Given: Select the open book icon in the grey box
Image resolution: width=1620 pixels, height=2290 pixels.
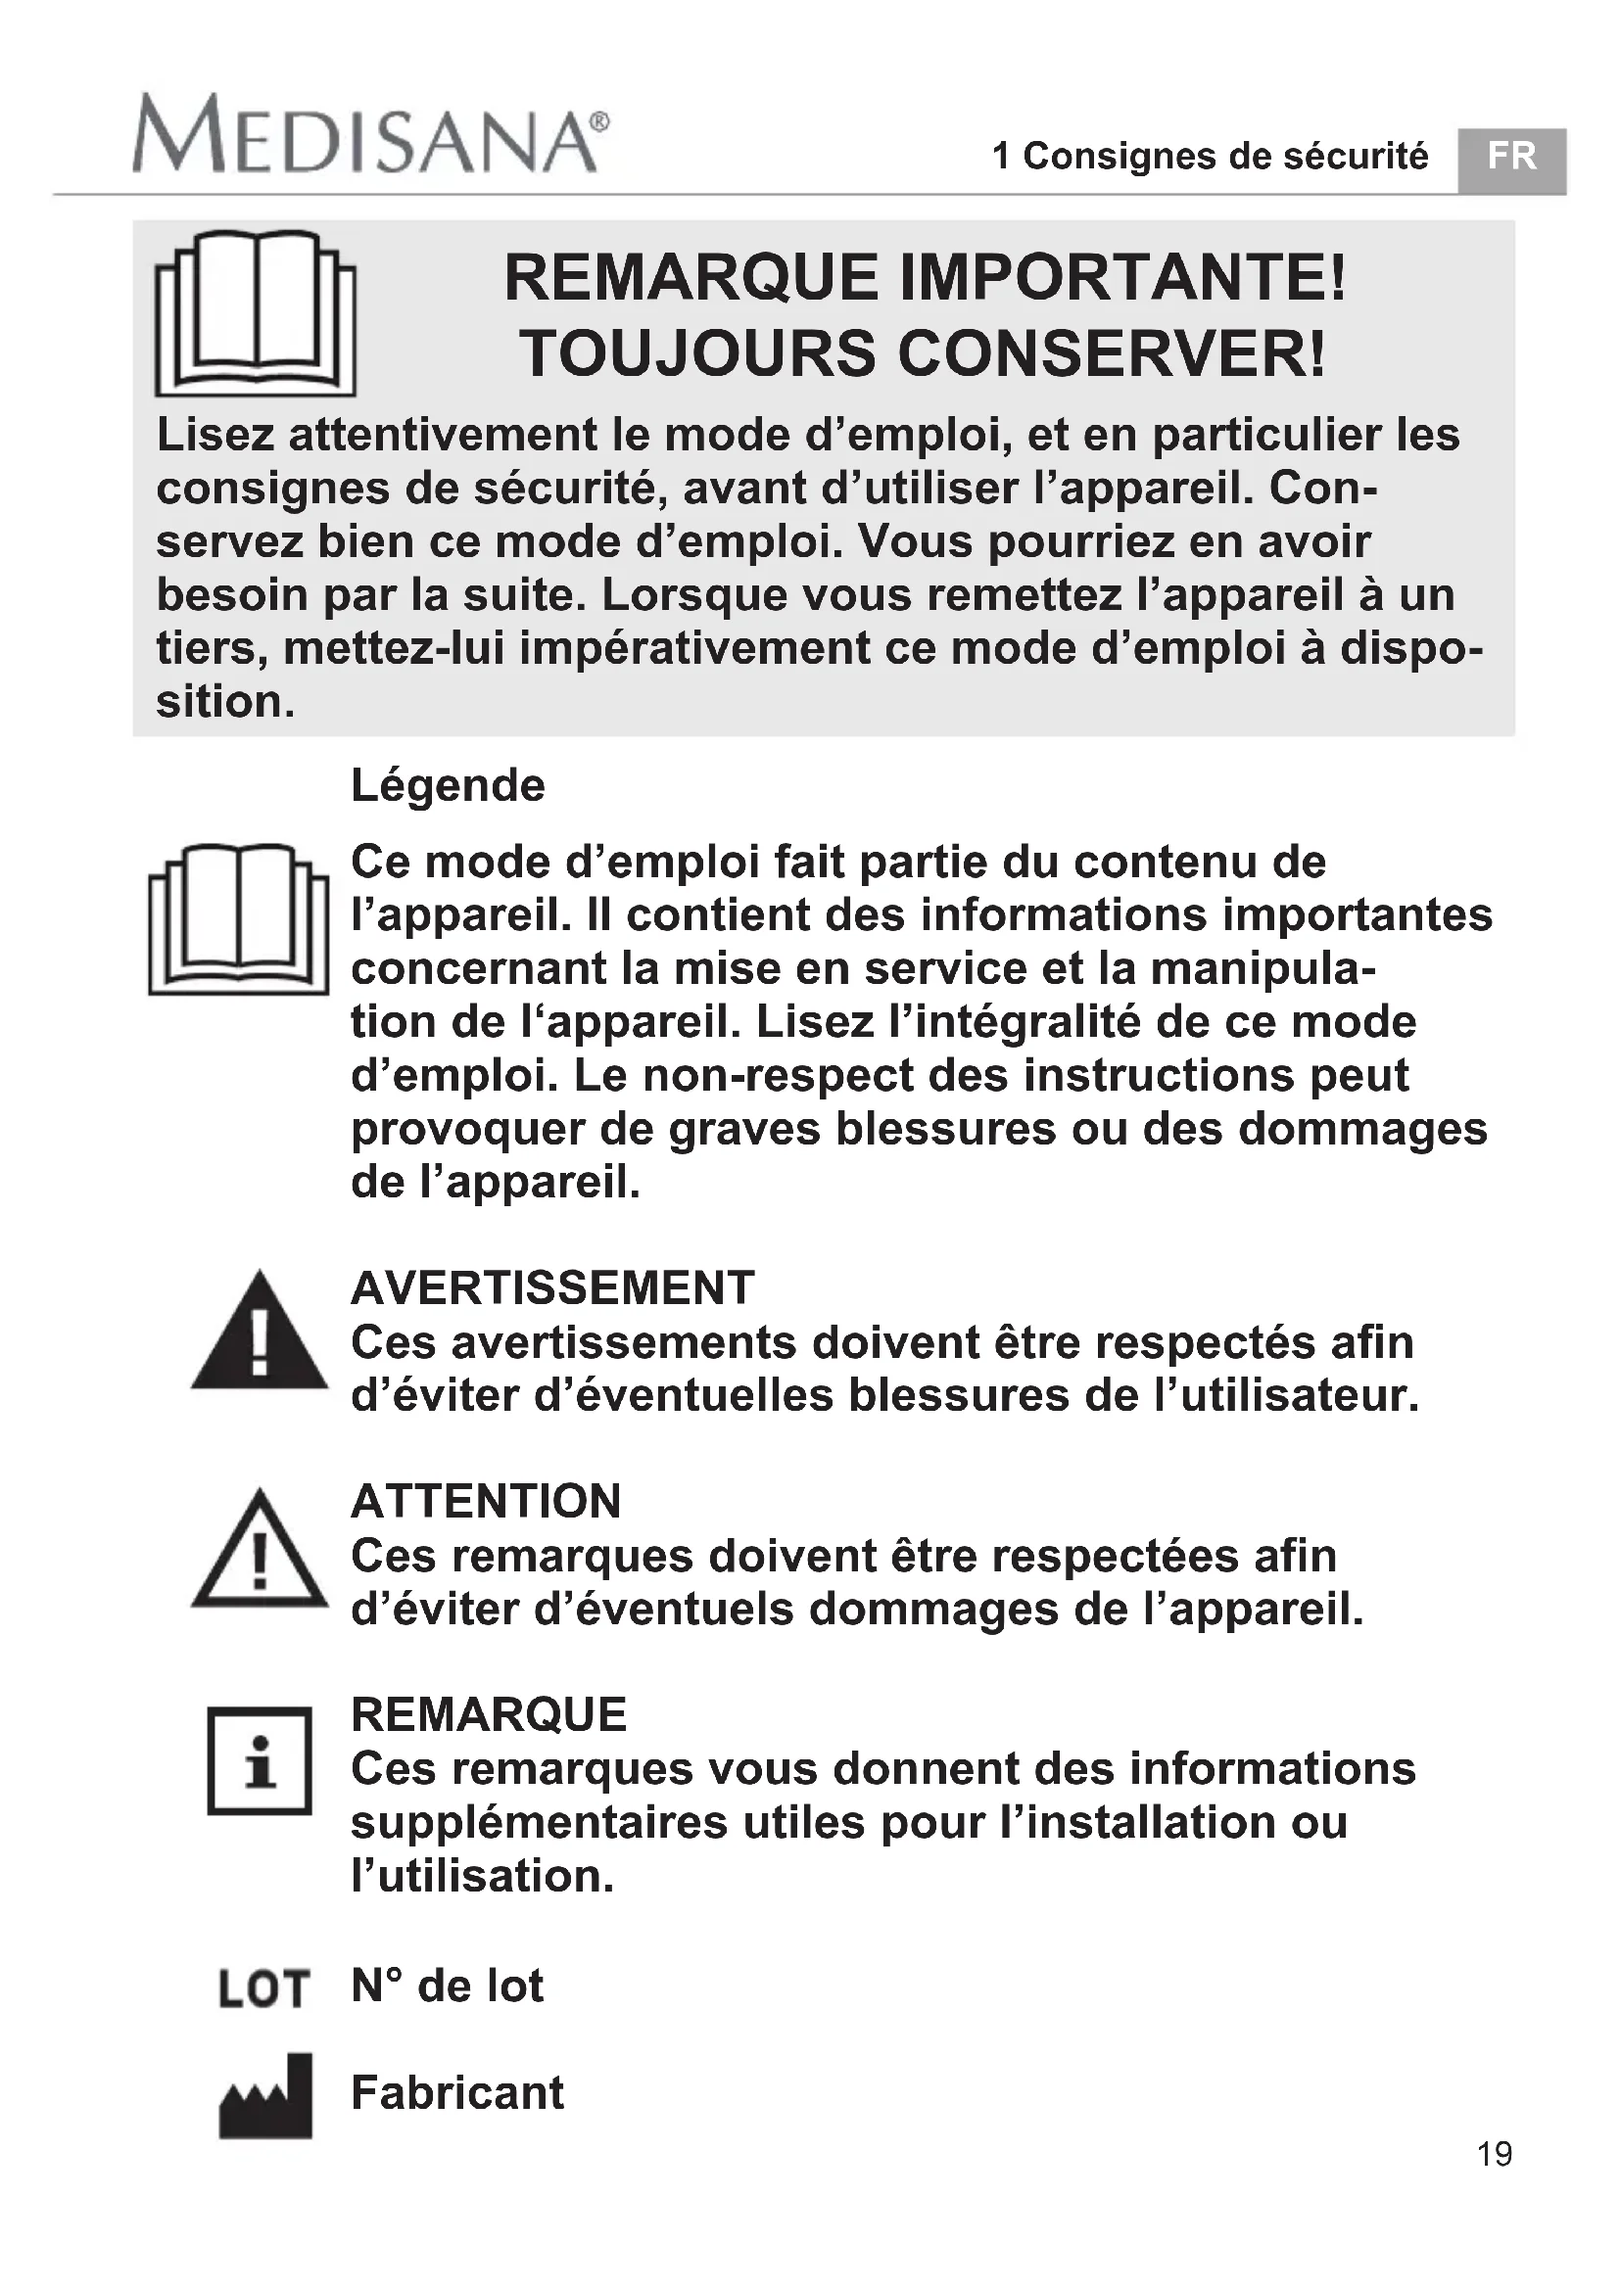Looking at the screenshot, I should pyautogui.click(x=256, y=312).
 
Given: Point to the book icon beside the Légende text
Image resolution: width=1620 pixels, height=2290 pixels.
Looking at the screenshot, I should pyautogui.click(x=238, y=918).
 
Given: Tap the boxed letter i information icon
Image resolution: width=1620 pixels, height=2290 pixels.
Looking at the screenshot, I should pyautogui.click(x=260, y=1761).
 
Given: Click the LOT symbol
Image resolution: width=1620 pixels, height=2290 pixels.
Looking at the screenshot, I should pyautogui.click(x=263, y=1988).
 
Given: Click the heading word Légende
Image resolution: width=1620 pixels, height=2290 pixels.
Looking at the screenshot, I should pyautogui.click(x=448, y=786).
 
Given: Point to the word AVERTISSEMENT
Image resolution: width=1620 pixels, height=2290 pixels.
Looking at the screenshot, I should pyautogui.click(x=552, y=1287).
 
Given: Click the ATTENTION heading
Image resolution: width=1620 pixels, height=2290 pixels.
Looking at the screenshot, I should pyautogui.click(x=486, y=1502).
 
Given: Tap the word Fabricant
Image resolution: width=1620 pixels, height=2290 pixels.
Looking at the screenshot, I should pyautogui.click(x=456, y=2092).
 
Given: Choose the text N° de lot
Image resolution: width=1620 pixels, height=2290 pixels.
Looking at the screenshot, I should pyautogui.click(x=447, y=1986).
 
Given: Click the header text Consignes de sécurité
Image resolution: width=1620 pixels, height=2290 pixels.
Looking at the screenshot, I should pyautogui.click(x=1225, y=157).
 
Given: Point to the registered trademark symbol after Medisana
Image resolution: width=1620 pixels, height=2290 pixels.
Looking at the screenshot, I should pyautogui.click(x=599, y=121).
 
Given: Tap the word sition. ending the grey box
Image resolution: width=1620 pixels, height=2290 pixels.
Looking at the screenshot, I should pyautogui.click(x=225, y=702).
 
